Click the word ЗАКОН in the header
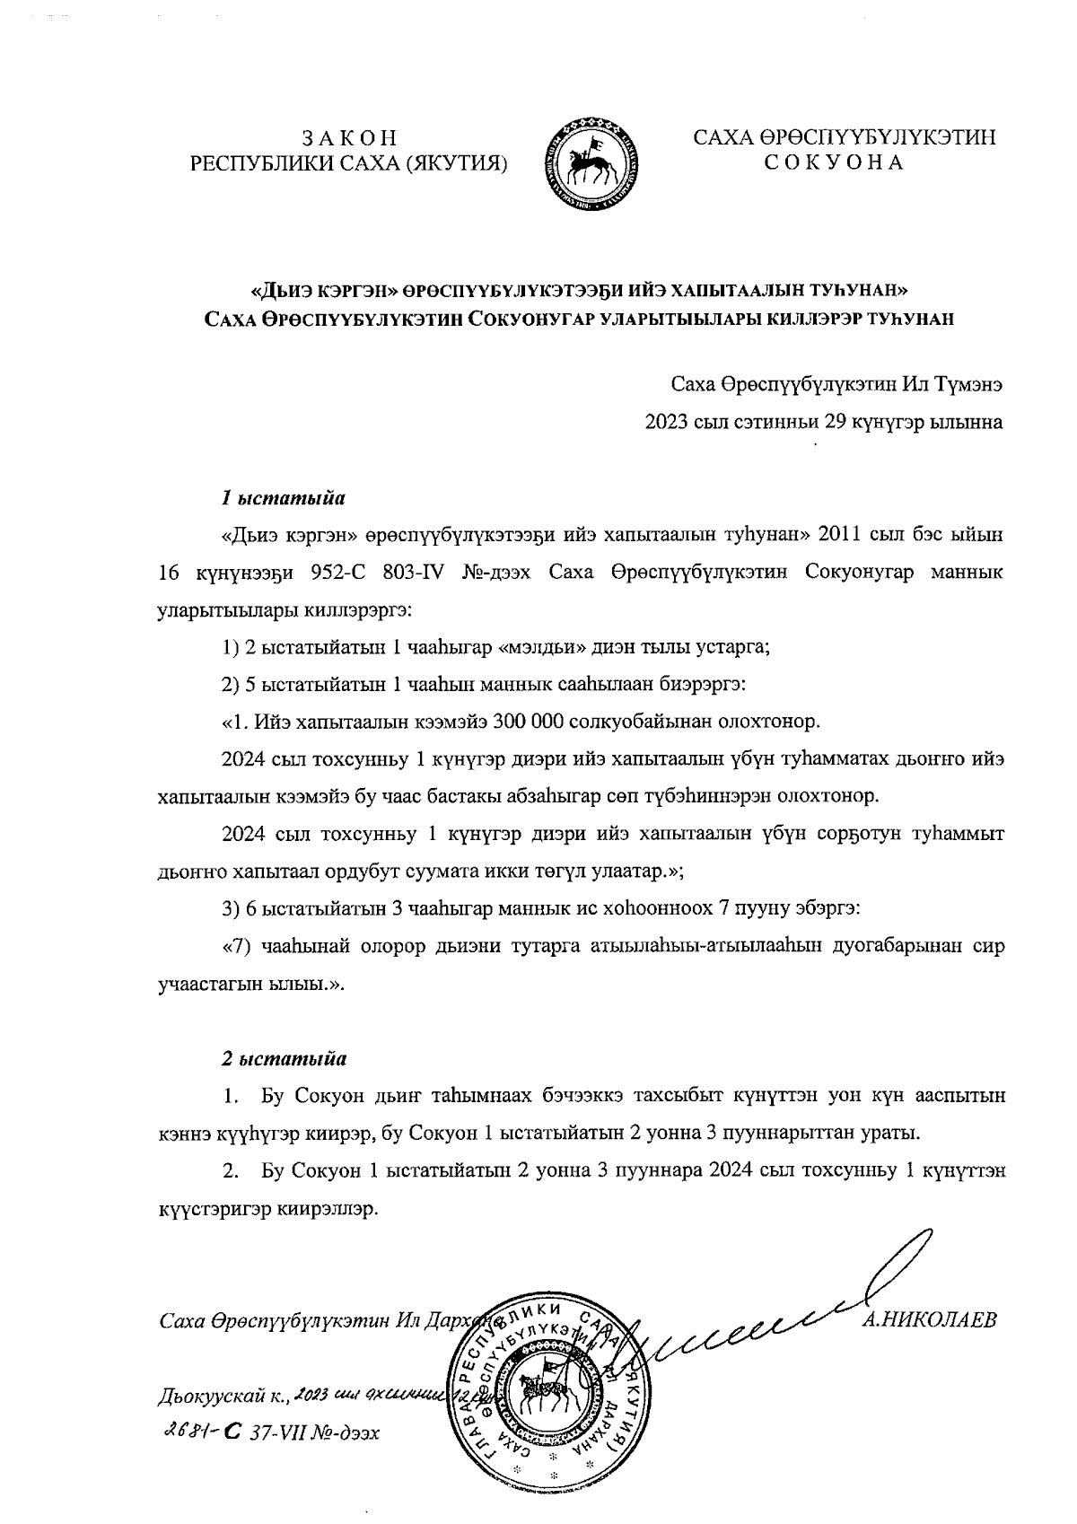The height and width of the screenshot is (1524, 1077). (x=350, y=139)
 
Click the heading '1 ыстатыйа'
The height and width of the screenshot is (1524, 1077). (x=284, y=496)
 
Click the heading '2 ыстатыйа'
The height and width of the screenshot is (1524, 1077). (x=284, y=1057)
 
